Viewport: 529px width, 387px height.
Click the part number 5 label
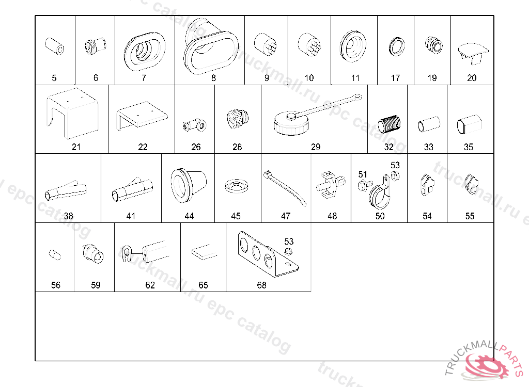54,78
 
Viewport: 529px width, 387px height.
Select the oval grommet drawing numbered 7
145,51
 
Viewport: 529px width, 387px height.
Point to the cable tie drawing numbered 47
285,187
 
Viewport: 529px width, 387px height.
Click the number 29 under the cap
316,147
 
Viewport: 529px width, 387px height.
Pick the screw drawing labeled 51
365,185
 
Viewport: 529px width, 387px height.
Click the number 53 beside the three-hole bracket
289,241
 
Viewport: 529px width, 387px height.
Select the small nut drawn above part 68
288,251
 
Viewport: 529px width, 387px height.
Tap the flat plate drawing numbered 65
204,253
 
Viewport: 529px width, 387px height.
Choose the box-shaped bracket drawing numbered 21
73,113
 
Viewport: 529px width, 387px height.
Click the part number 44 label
189,216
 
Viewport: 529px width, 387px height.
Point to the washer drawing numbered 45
236,186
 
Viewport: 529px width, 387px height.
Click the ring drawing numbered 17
396,46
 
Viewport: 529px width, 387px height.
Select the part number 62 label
150,285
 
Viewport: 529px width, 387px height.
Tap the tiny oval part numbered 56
55,254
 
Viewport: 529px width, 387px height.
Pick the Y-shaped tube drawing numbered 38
66,191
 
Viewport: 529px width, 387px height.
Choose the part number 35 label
468,147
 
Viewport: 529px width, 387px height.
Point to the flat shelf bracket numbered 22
142,115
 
